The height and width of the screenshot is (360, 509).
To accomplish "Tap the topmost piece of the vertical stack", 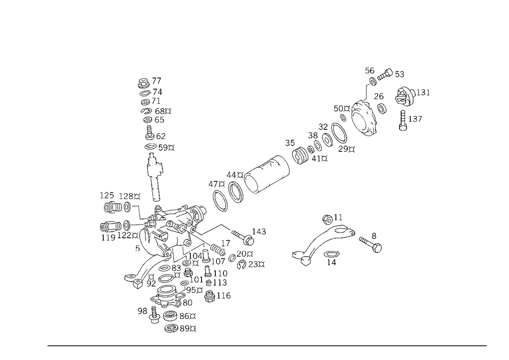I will pos(149,81).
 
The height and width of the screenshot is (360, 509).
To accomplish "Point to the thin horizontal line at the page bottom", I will pos(267,345).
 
